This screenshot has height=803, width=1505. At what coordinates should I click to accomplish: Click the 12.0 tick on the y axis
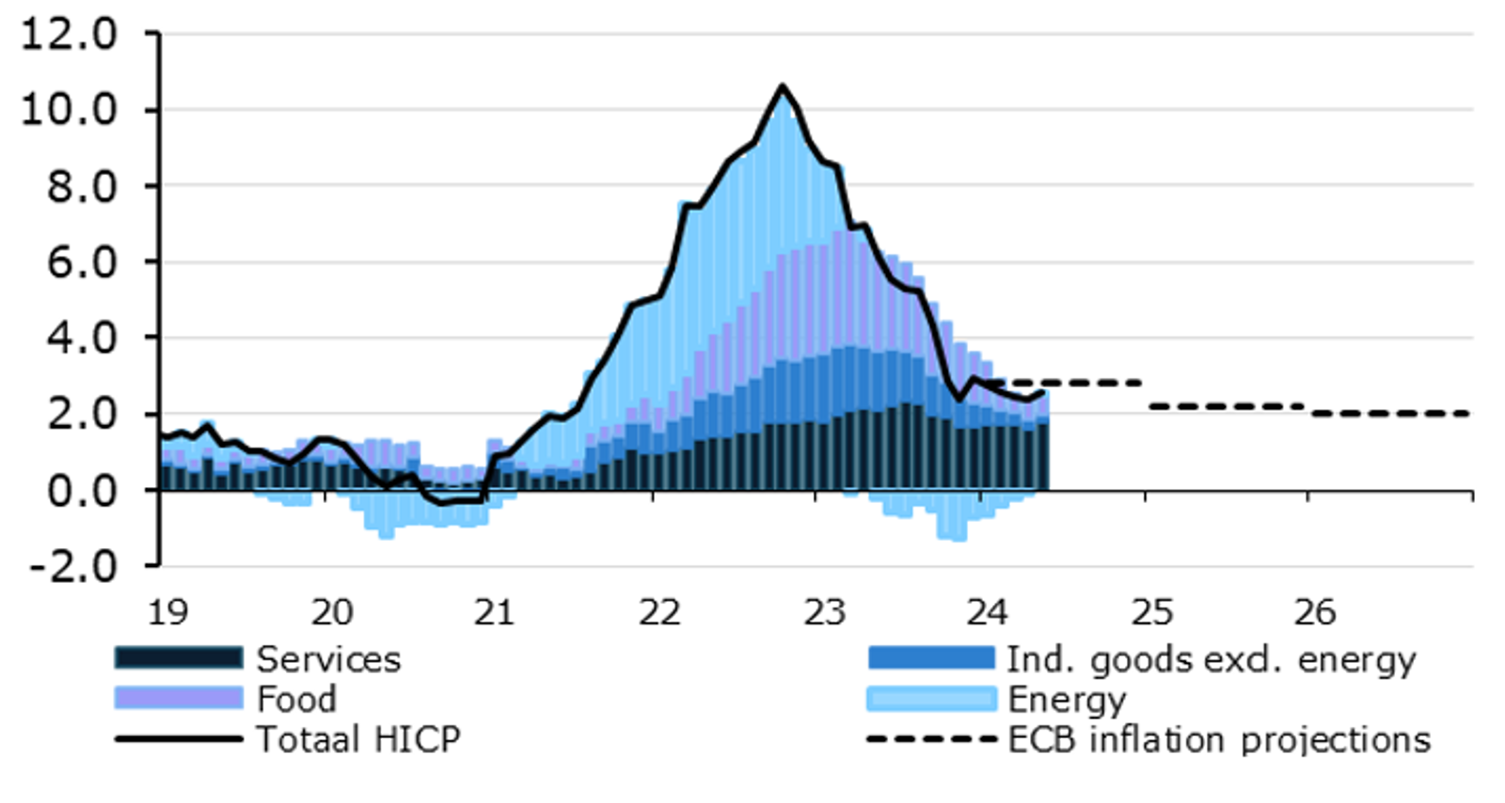pos(68,34)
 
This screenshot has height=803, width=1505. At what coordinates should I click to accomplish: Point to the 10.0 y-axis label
pos(68,110)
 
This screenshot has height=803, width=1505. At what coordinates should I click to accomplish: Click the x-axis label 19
pos(168,612)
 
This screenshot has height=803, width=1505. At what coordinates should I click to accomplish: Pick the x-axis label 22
pos(659,612)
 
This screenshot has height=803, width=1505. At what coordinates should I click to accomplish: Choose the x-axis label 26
pos(1314,612)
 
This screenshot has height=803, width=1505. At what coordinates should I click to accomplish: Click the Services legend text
pos(328,659)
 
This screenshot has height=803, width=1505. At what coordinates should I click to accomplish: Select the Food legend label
pos(296,700)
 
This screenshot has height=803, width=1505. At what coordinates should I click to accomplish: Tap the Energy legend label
pos(1067,700)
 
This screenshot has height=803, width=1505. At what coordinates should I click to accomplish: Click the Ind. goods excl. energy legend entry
pos(1211,660)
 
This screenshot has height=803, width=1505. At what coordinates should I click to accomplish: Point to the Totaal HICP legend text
pos(358,740)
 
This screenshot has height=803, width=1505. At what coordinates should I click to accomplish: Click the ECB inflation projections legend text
pos(1219,740)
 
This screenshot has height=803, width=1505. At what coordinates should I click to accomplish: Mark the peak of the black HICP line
pos(782,87)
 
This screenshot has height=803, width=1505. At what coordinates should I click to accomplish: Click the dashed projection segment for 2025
pos(1226,406)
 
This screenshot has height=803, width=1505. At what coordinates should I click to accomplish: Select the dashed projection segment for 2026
pos(1390,414)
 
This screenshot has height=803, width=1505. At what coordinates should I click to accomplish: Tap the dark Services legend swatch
pos(179,657)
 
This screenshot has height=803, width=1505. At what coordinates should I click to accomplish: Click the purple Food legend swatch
pos(179,698)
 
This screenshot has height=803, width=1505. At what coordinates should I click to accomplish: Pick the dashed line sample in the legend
pos(931,739)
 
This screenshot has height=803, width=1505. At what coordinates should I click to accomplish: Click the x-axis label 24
pos(987,612)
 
